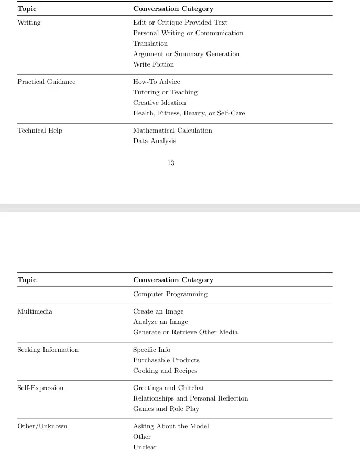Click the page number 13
point(171,163)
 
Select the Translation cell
point(150,44)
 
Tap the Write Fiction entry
point(154,64)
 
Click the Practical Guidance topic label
point(46,82)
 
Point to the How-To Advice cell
point(156,82)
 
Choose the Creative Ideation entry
point(159,103)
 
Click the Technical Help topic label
point(40,131)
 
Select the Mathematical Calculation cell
point(172,131)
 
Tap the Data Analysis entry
point(155,141)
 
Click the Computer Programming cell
point(170,294)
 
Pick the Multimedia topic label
point(35,311)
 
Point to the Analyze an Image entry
point(160,322)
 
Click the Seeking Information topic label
point(48,350)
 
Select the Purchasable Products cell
point(166,360)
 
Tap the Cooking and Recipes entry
point(165,371)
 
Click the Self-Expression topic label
point(40,388)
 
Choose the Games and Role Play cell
point(166,409)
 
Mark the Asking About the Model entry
point(171,426)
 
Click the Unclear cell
point(145,447)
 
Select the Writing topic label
point(29,23)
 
